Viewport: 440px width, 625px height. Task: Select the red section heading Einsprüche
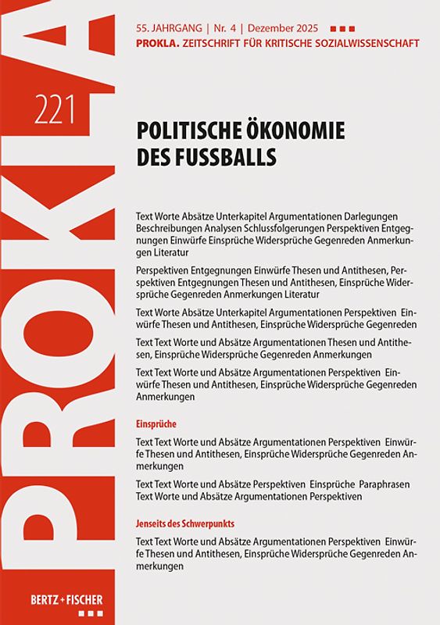coord(156,423)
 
